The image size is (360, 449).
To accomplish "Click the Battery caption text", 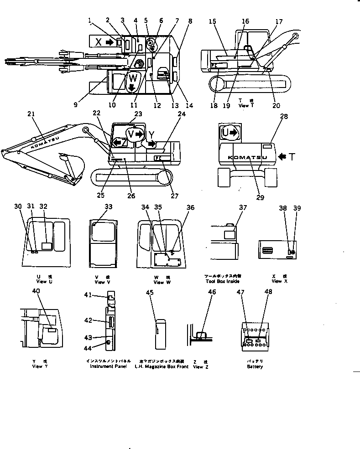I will click(x=255, y=366).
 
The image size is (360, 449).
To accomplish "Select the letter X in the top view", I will click(x=98, y=42).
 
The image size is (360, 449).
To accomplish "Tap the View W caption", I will click(x=158, y=282).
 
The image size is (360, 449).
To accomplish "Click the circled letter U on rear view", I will click(x=228, y=133).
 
